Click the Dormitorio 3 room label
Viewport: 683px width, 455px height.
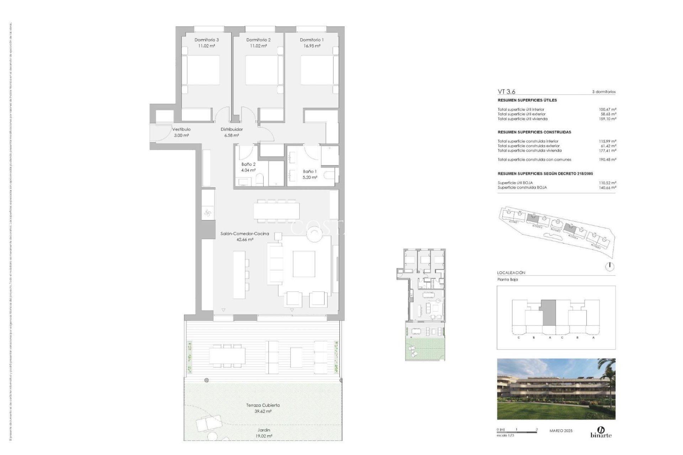[x=206, y=40]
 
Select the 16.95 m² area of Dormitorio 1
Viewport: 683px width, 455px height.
[x=312, y=46]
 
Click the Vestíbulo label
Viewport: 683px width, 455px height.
[x=181, y=129]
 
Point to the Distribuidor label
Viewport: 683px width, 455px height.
[x=232, y=129]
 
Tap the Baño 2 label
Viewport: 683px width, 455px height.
[x=248, y=164]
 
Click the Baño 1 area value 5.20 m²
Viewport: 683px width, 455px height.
[x=310, y=177]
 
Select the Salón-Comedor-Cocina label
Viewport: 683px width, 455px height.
[x=245, y=234]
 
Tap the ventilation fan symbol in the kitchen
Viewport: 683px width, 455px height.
[x=208, y=213]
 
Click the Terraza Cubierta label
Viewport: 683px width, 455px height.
[x=263, y=405]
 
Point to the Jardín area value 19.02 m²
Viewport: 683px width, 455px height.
[x=264, y=436]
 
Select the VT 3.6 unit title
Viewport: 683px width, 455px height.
[x=506, y=92]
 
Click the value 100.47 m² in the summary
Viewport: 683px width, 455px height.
[x=608, y=109]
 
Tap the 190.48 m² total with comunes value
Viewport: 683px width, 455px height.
[x=608, y=160]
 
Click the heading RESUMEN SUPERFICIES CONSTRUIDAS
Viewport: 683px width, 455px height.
[x=534, y=132]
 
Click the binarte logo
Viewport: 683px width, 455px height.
[x=601, y=432]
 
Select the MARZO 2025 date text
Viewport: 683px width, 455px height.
[x=561, y=431]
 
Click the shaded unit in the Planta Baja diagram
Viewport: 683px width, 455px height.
[x=549, y=312]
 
